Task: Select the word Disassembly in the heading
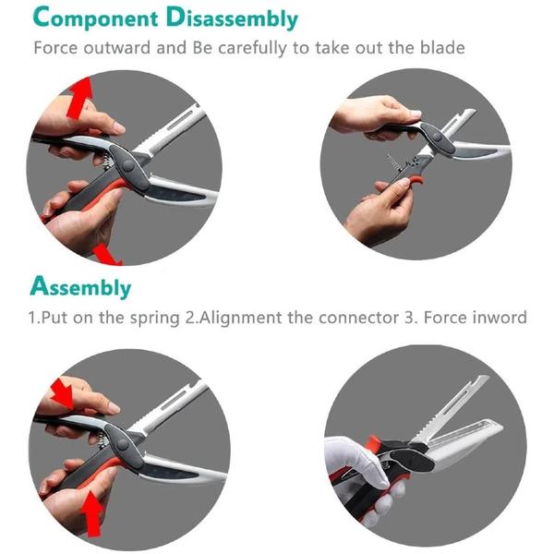tap(239, 18)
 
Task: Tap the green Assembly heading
tap(80, 286)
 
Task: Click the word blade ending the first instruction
tap(441, 47)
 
